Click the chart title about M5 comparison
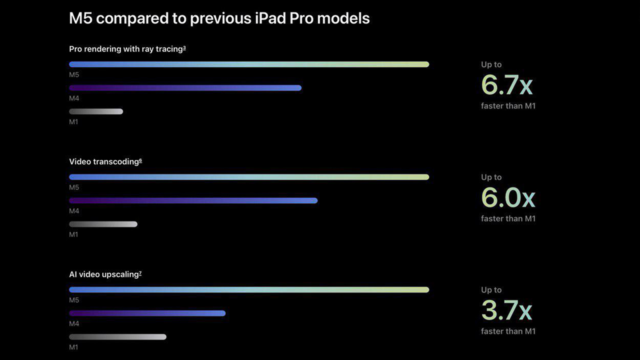click(x=219, y=18)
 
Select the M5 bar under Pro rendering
click(x=249, y=64)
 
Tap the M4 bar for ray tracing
click(x=185, y=88)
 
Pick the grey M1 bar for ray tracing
click(x=96, y=112)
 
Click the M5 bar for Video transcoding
click(x=249, y=177)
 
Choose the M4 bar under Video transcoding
click(x=193, y=201)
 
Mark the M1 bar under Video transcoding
click(x=103, y=224)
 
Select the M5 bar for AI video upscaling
click(x=249, y=290)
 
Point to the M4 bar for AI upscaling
click(x=147, y=314)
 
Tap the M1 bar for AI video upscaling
click(x=118, y=337)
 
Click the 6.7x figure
click(x=507, y=85)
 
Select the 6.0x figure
click(x=508, y=198)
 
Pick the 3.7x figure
click(x=506, y=310)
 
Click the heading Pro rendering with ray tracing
click(x=127, y=49)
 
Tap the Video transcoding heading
click(x=105, y=162)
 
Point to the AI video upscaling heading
click(x=105, y=275)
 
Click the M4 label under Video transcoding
click(x=74, y=211)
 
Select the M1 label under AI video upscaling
click(x=74, y=348)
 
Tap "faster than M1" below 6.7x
click(x=508, y=106)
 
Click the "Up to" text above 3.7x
click(x=491, y=290)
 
